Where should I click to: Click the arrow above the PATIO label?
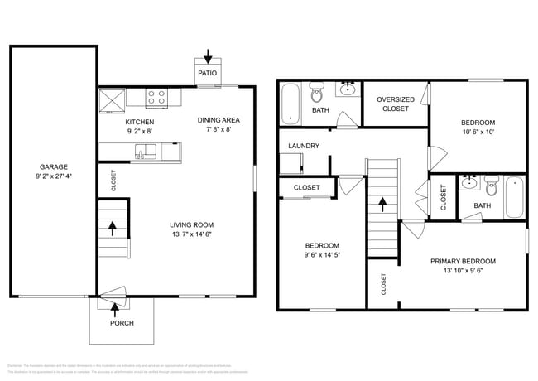click(x=207, y=58)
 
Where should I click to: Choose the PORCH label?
click(x=122, y=323)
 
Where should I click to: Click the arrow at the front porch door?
click(x=113, y=305)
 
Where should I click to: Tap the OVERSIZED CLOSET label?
click(x=395, y=104)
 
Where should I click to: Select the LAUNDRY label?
click(x=304, y=147)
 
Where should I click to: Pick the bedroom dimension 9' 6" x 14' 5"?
click(x=321, y=256)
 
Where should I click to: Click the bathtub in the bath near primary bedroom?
click(x=514, y=197)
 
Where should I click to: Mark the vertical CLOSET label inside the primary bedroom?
click(x=383, y=284)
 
